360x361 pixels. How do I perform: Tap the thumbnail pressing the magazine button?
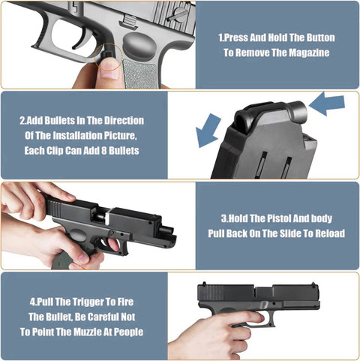coord(109,71)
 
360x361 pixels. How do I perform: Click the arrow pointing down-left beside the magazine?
coord(208,130)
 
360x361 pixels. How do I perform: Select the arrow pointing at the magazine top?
coord(327,104)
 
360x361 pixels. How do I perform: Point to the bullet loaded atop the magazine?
coord(298,110)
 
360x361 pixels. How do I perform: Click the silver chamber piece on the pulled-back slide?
coord(106,216)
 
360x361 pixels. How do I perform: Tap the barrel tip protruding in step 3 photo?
coord(168,229)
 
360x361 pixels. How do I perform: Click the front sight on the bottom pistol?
coord(313,284)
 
